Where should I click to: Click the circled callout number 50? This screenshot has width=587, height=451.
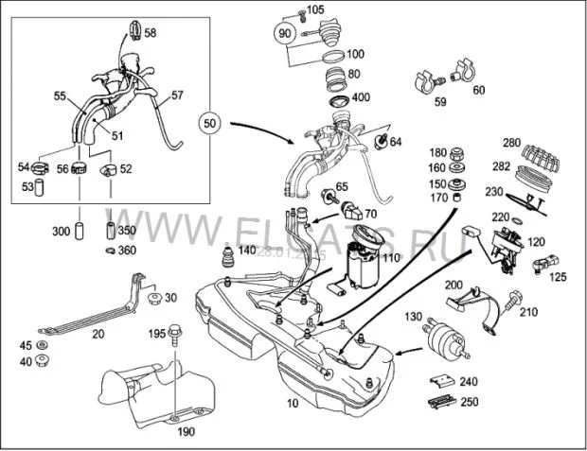point(210,124)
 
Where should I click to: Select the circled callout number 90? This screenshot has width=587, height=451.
point(285,32)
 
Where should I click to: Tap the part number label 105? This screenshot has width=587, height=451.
point(315,9)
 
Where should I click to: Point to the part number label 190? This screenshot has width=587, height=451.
point(186,432)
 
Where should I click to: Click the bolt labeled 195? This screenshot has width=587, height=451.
point(176,334)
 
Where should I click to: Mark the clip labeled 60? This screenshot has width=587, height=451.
point(465,72)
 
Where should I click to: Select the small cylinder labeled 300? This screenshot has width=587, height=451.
point(81,230)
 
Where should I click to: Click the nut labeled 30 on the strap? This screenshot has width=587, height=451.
point(153,300)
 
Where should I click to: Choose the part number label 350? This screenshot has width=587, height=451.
point(127,231)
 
